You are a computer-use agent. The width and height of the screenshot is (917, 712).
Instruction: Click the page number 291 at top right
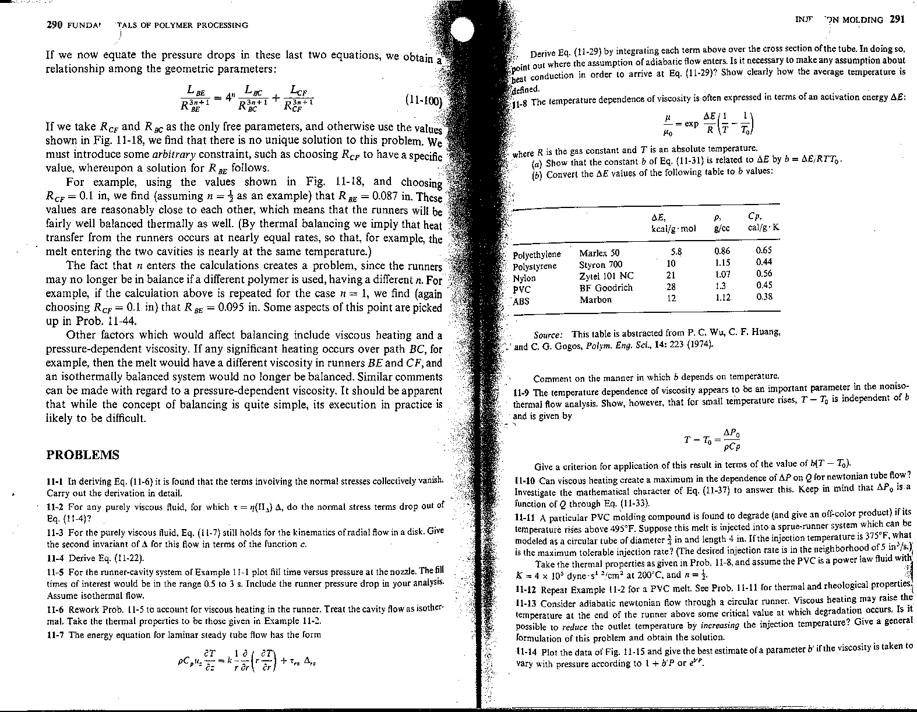pos(897,19)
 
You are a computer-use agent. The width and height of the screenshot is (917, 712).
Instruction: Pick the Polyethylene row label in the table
pos(537,255)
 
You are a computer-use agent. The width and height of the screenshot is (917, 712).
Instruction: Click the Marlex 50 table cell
pos(599,253)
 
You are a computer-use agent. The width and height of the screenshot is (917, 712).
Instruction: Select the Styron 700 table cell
pos(601,265)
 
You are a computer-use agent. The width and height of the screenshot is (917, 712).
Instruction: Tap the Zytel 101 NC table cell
pos(606,276)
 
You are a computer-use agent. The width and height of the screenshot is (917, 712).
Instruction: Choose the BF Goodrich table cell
pos(605,288)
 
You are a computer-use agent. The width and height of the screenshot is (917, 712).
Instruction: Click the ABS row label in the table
pos(521,301)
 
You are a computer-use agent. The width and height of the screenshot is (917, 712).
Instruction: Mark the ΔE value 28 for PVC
pos(671,287)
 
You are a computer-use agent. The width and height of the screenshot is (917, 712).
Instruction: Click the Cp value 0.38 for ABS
pos(764,297)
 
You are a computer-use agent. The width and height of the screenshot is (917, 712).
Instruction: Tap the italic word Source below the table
pos(548,334)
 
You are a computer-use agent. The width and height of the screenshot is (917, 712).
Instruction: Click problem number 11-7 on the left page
pos(56,635)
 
